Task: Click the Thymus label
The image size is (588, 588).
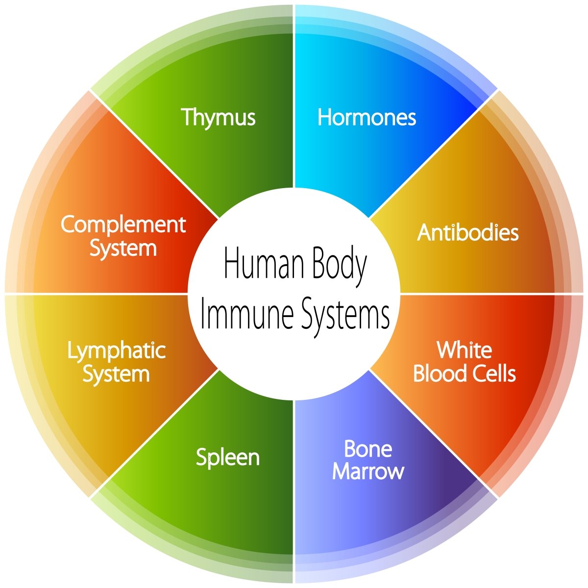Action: coord(218,118)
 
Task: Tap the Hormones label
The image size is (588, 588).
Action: coord(367,117)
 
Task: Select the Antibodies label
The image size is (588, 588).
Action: coord(467,233)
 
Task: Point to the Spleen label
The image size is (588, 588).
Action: coord(228,458)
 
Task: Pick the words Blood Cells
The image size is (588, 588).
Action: coord(465,373)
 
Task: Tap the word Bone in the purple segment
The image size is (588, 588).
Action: coord(368,449)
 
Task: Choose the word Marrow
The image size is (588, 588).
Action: coord(368,472)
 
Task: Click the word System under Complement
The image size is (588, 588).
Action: coord(123,249)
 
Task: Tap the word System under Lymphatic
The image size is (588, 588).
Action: coord(116,375)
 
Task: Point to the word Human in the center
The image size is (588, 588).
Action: coord(264,263)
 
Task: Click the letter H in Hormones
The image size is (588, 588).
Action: coord(325,117)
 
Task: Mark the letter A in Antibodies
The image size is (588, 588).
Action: coord(425,233)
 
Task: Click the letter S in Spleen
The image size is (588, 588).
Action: coord(202,457)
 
